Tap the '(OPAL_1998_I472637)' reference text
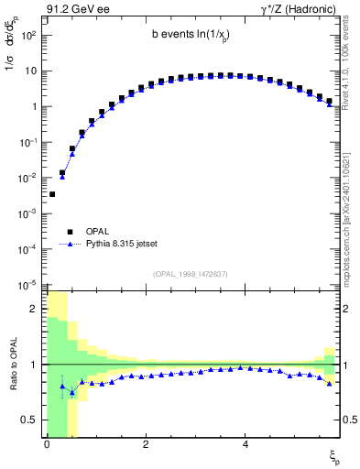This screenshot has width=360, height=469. pyautogui.click(x=191, y=274)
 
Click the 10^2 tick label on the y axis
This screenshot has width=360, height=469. pyautogui.click(x=28, y=35)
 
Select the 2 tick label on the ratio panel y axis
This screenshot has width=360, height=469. pyautogui.click(x=34, y=309)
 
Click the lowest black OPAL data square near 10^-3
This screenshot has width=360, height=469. pyautogui.click(x=52, y=194)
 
